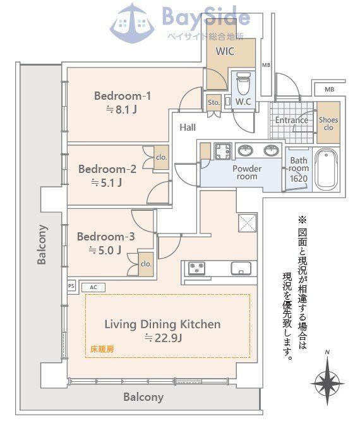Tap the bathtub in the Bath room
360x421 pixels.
coord(326,169)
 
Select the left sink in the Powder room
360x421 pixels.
coord(245,150)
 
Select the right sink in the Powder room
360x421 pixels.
coord(272,150)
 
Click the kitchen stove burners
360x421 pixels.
coord(196,268)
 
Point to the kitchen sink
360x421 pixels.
coord(241,268)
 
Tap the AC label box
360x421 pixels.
coord(93,288)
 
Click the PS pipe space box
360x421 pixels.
coord(71,286)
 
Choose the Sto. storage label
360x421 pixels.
coord(214,102)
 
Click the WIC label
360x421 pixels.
coord(225,51)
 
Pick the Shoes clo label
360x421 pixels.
coord(328,124)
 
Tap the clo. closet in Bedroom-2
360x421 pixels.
coord(162,157)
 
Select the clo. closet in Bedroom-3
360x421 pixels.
coord(146,264)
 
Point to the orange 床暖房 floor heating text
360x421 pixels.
coord(102,349)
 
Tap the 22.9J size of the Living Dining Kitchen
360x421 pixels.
coord(164,338)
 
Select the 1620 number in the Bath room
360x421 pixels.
coord(299,179)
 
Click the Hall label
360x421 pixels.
coord(188,127)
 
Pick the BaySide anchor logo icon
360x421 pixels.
coord(133,23)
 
